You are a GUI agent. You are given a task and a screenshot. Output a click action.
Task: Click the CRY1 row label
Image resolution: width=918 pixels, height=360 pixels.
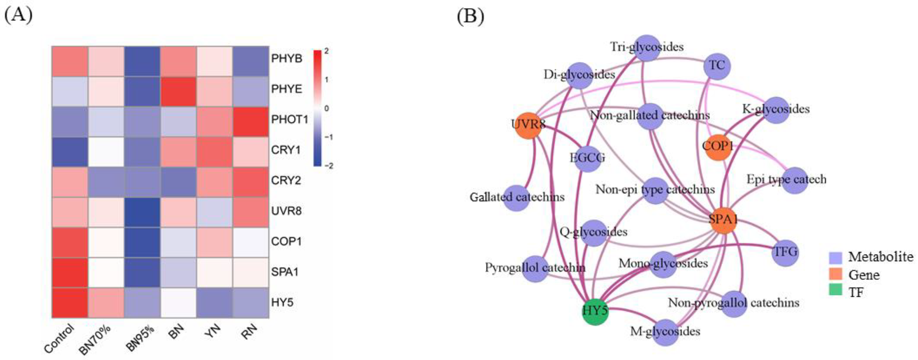click(286, 150)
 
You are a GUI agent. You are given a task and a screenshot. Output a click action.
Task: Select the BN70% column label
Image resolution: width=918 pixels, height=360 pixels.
click(95, 340)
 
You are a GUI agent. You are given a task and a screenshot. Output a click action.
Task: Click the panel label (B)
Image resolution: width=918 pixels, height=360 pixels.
click(470, 16)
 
